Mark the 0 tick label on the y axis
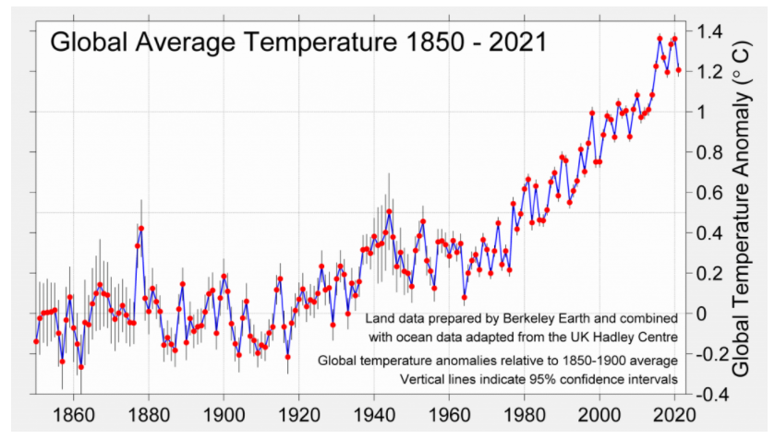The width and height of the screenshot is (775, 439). point(700,314)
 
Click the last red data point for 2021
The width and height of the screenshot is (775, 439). point(678,70)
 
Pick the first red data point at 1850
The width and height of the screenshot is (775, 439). point(36,341)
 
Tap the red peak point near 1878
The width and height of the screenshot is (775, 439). point(141,228)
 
